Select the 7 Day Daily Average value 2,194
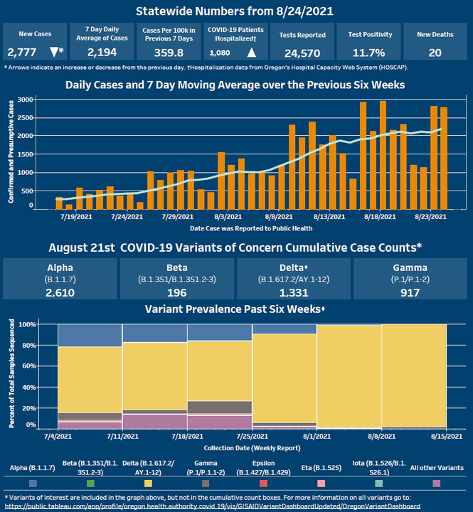pyautogui.click(x=102, y=53)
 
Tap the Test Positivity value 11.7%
pyautogui.click(x=367, y=53)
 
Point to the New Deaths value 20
pyautogui.click(x=435, y=53)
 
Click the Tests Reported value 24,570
pyautogui.click(x=302, y=53)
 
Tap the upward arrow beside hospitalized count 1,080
pyautogui.click(x=252, y=53)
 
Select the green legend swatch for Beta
pyautogui.click(x=90, y=483)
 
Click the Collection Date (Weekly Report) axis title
pyautogui.click(x=241, y=447)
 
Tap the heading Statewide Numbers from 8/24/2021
pyautogui.click(x=236, y=11)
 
